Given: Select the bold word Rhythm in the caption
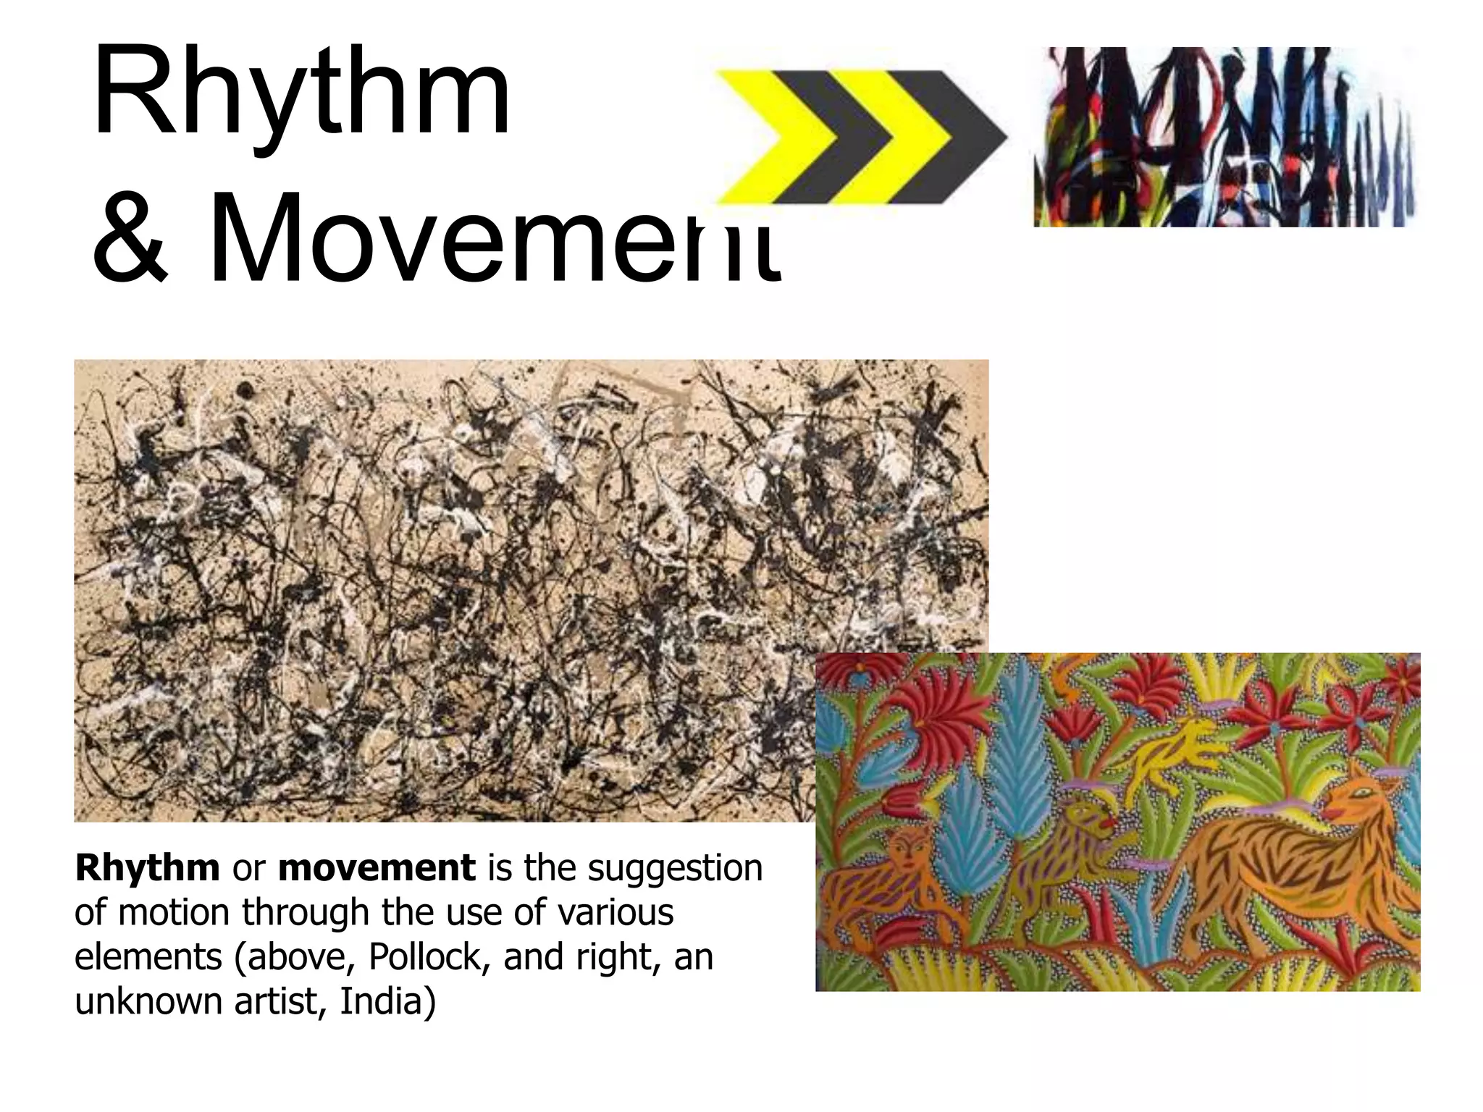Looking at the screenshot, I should point(147,868).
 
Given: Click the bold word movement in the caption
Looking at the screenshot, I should point(377,868).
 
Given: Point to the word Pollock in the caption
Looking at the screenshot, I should point(425,957).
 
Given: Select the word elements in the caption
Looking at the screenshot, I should point(148,957).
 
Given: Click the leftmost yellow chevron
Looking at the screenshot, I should point(768,136).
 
